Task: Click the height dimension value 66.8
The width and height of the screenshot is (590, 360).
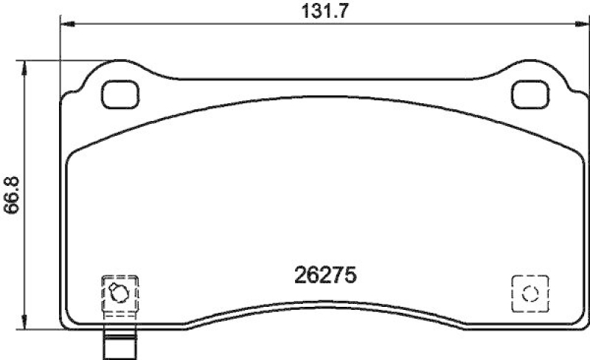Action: pyautogui.click(x=11, y=193)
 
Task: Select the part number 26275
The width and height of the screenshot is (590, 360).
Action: pyautogui.click(x=325, y=275)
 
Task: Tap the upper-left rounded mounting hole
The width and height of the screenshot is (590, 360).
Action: pyautogui.click(x=119, y=93)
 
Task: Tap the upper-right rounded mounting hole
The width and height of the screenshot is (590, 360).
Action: pyautogui.click(x=529, y=93)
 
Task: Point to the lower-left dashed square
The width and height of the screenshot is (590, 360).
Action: pyautogui.click(x=118, y=293)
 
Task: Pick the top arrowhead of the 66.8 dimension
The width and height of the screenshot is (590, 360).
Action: pyautogui.click(x=27, y=64)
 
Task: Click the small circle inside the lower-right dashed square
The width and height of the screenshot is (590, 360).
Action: pyautogui.click(x=529, y=294)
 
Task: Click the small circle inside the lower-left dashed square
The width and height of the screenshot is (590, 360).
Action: pyautogui.click(x=117, y=293)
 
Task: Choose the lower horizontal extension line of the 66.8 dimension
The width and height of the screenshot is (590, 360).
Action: pyautogui.click(x=44, y=328)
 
